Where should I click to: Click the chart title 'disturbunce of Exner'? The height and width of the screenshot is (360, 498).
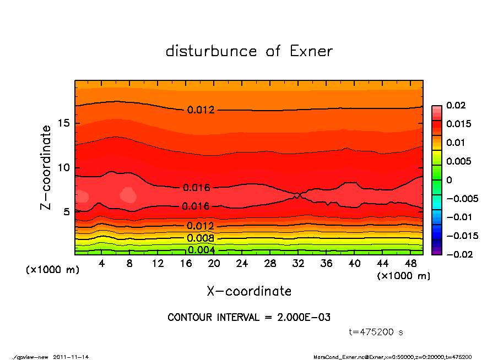point(249,51)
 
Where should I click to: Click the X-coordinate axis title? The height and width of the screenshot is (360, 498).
point(249,291)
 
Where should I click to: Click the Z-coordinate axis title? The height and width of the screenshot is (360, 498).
point(46,167)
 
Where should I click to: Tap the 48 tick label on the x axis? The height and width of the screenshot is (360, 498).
point(410,264)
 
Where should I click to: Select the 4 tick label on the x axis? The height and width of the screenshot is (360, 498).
point(102,264)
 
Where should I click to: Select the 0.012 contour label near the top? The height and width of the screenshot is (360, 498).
point(201,110)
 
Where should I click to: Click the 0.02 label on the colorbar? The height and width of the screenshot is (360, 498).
point(456,105)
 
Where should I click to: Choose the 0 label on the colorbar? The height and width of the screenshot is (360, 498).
point(449,180)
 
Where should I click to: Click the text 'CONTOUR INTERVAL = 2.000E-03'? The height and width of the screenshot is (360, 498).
point(249,318)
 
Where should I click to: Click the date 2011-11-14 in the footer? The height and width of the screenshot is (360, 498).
point(71,357)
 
